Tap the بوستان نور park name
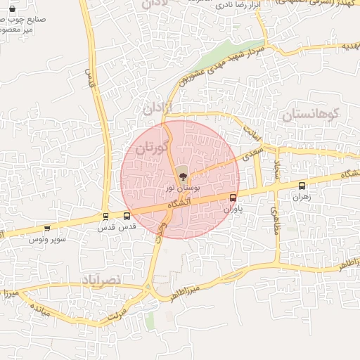tap(183, 188)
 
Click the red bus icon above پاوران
tap(233, 198)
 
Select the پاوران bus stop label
tap(233, 209)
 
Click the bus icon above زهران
tap(302, 186)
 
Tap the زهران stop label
tap(302, 198)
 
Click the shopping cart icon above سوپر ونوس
tap(47, 228)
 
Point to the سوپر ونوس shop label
tap(47, 239)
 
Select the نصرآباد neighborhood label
tap(101, 280)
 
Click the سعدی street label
tap(252, 154)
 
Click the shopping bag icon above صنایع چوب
tap(11, 9)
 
